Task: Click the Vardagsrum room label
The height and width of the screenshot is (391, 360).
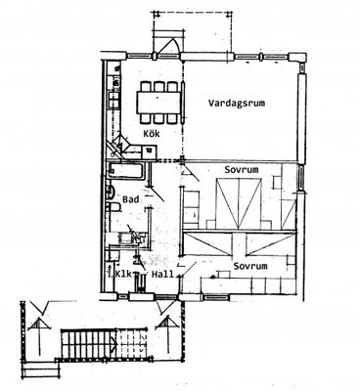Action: click(x=237, y=104)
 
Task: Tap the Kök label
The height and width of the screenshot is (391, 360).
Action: click(x=152, y=133)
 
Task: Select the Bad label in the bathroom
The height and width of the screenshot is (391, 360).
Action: click(x=131, y=199)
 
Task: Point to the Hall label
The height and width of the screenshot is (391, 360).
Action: click(x=162, y=275)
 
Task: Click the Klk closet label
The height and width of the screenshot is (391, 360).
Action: click(x=123, y=274)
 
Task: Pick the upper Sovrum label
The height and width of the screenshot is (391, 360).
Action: click(x=242, y=170)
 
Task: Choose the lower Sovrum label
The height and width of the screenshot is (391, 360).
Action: click(x=250, y=266)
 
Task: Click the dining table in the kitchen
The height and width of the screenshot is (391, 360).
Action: click(x=158, y=103)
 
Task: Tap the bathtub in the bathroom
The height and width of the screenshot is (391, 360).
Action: click(x=125, y=170)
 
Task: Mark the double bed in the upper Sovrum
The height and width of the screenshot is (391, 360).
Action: click(x=239, y=203)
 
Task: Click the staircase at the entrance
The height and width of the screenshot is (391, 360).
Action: click(x=103, y=343)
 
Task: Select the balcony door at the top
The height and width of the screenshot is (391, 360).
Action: click(x=168, y=46)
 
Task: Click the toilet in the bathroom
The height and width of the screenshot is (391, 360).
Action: click(x=114, y=207)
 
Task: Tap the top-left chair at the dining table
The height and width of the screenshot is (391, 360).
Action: click(x=145, y=86)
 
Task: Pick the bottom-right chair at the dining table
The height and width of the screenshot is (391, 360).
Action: click(x=172, y=118)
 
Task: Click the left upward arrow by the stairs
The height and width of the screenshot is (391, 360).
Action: click(x=39, y=335)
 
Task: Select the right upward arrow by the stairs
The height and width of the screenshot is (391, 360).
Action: click(x=168, y=334)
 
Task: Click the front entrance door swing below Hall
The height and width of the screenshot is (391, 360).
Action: click(x=166, y=307)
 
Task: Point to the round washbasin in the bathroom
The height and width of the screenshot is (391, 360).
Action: click(x=111, y=192)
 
